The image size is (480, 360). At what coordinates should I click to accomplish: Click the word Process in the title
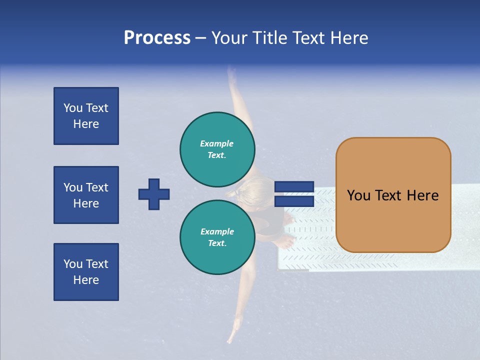click(x=157, y=38)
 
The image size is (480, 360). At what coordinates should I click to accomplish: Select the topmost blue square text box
click(x=86, y=116)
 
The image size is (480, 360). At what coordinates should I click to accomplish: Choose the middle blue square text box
click(x=86, y=195)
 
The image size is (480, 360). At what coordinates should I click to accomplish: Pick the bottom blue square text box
click(x=86, y=272)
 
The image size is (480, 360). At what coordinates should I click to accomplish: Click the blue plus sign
click(x=154, y=194)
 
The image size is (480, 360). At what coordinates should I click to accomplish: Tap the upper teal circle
click(x=217, y=149)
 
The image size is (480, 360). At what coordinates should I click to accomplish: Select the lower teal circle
click(x=217, y=237)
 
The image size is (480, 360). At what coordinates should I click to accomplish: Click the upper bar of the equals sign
click(x=294, y=187)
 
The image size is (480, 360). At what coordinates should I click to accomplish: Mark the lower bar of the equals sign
click(x=294, y=201)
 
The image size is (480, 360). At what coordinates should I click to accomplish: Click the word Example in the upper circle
click(x=216, y=143)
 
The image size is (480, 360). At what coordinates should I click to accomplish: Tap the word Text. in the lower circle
click(x=216, y=243)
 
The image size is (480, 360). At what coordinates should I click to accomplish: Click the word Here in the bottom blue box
click(x=86, y=280)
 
